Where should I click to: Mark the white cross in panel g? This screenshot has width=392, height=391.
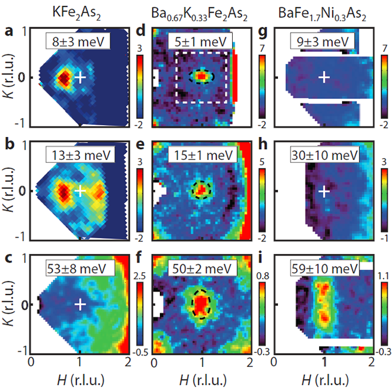324,77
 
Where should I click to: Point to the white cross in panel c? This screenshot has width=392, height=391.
79,304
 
